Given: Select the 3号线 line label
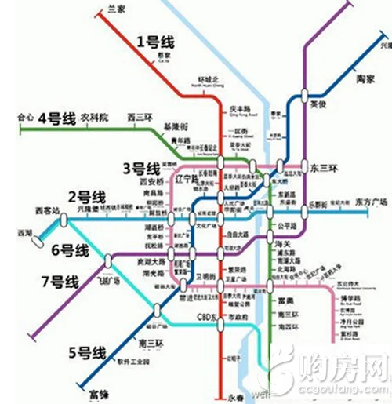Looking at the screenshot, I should [141, 168].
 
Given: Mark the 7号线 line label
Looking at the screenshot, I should [60, 281].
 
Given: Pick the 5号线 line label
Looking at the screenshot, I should [93, 352].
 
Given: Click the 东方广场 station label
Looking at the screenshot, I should [372, 201].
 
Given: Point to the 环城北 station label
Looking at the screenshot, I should [209, 80].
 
